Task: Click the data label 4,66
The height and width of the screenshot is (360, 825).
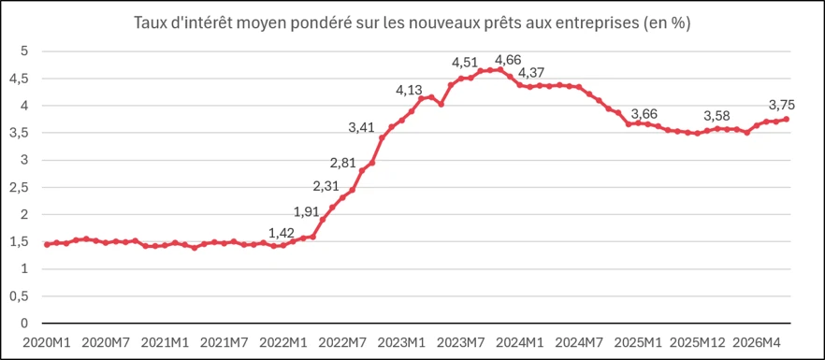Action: [x=508, y=60]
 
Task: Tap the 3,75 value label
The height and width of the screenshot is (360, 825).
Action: [x=782, y=105]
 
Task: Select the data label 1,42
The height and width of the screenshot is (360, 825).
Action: [x=282, y=233]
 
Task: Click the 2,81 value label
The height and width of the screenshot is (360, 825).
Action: [x=343, y=163]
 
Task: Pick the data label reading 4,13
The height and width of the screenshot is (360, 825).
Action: [x=410, y=91]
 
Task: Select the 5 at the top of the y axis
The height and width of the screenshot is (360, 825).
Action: [x=24, y=51]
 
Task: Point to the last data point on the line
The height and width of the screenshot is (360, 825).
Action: [x=786, y=119]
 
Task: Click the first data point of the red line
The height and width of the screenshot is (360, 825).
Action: [x=47, y=245]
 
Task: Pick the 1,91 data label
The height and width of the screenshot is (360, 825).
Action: [x=306, y=211]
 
